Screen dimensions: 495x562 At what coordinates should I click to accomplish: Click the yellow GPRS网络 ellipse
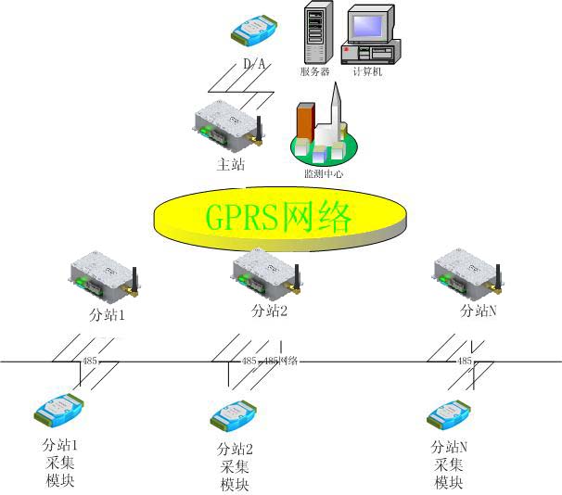pos(279,218)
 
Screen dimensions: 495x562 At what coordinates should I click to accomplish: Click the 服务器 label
pos(315,71)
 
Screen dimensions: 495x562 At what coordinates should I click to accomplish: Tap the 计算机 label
pos(369,71)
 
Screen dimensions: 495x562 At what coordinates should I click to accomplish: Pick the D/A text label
pos(254,65)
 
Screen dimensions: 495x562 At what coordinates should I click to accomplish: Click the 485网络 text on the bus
pos(281,361)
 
